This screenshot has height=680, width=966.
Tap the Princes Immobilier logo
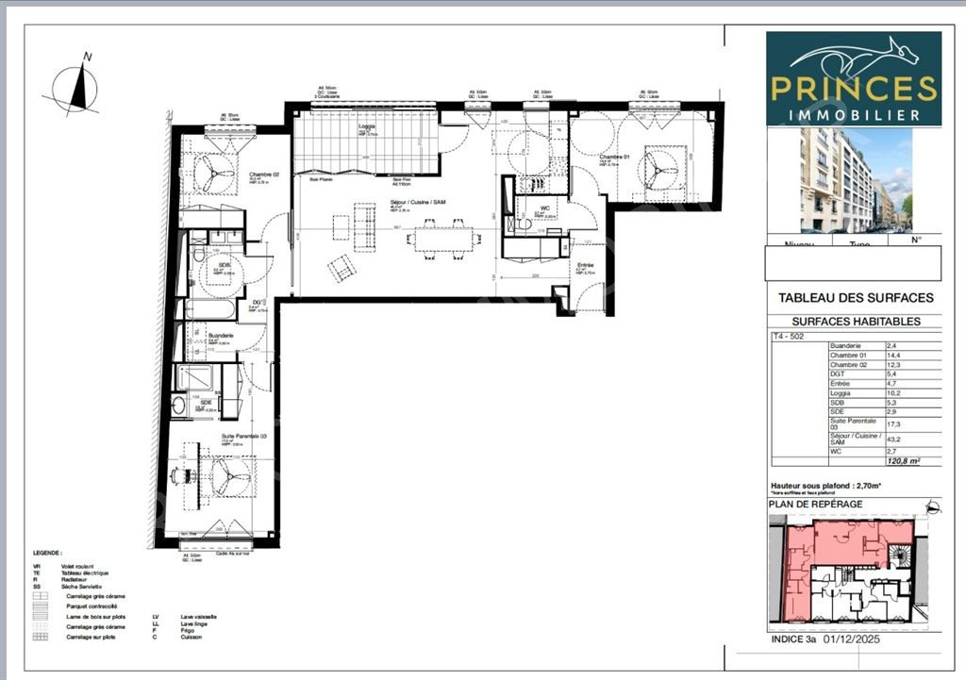854,79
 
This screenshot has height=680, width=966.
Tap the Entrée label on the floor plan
585,266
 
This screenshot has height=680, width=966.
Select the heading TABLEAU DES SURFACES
855,298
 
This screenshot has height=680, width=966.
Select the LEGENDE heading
46,554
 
